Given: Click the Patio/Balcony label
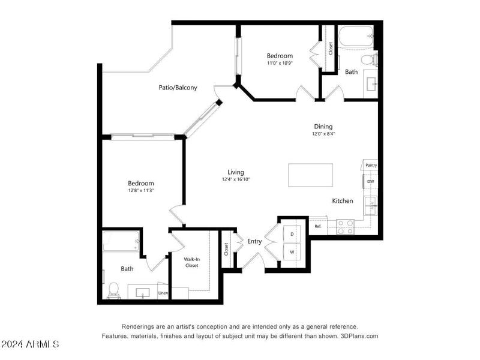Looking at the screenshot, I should [x=178, y=88].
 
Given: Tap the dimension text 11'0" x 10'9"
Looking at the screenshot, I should [x=280, y=63].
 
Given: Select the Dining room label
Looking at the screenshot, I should [x=323, y=127].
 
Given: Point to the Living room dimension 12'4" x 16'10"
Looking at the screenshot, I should [x=236, y=179].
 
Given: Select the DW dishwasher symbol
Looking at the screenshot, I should [x=370, y=181].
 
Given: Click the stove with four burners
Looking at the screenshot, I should [x=345, y=226].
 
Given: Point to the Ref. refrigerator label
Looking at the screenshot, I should [x=318, y=227].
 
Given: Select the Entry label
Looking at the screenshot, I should [x=254, y=242].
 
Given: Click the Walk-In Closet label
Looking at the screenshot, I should [x=191, y=262].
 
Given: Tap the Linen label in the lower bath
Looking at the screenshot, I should [x=163, y=293].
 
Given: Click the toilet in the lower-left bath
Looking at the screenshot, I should [x=113, y=290].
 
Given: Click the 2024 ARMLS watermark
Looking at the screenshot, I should [x=30, y=344].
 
